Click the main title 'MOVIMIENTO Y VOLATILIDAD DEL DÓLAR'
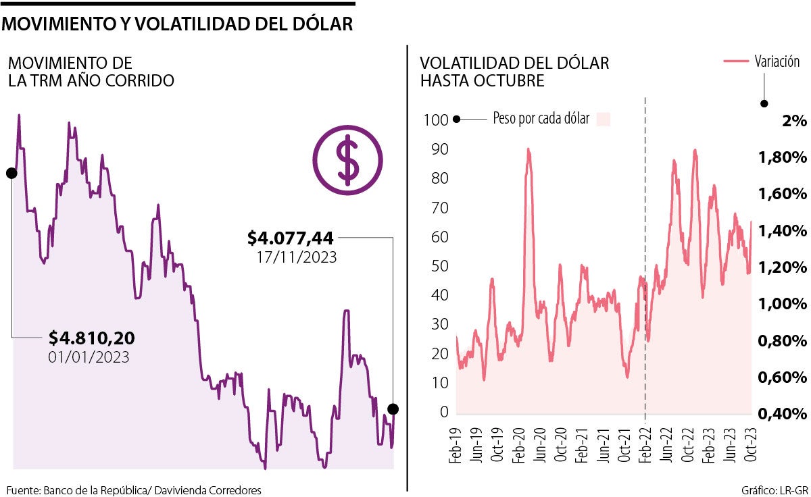(178, 24)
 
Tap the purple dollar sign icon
(347, 157)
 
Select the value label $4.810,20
(92, 337)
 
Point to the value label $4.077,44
(291, 238)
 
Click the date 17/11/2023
(296, 257)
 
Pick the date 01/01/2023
(89, 357)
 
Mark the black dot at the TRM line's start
(11, 174)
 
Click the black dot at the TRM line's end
(393, 409)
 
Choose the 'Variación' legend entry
(777, 61)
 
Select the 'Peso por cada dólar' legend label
(541, 120)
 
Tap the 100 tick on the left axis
(436, 120)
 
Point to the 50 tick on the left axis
(440, 266)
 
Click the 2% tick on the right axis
(794, 122)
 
